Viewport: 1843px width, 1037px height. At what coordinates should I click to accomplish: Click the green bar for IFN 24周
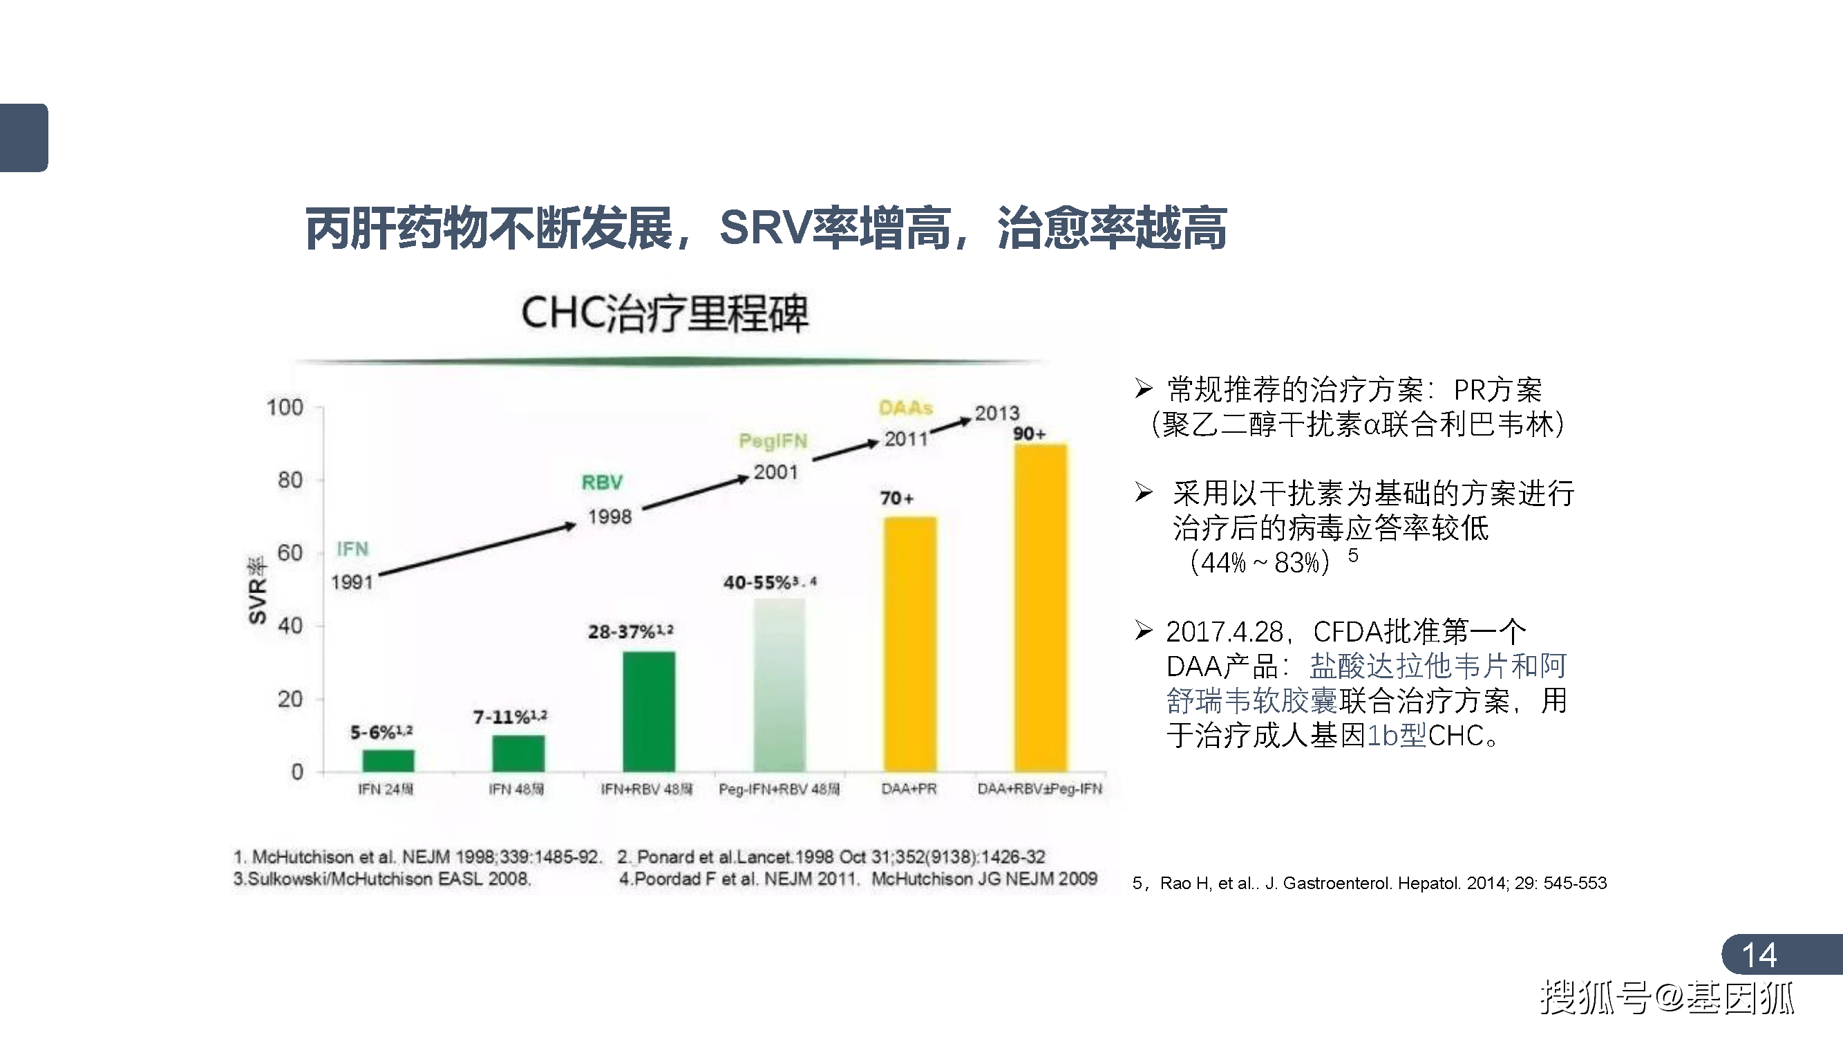coord(388,760)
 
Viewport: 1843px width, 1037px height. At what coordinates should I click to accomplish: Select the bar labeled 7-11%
coord(518,753)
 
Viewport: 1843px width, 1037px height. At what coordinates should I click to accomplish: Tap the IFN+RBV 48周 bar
coord(648,711)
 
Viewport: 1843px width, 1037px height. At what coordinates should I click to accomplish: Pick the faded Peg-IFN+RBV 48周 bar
coord(779,685)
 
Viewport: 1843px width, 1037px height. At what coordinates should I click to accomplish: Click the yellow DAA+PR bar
coord(909,644)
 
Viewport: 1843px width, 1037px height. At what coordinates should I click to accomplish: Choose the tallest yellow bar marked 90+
coord(1040,608)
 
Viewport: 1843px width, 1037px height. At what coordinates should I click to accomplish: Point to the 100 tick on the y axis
coord(285,408)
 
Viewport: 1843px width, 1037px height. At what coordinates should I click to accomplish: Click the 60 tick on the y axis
coord(290,553)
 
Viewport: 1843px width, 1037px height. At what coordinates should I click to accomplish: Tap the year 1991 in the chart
coord(352,582)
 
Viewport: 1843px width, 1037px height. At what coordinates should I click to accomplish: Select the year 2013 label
coord(996,413)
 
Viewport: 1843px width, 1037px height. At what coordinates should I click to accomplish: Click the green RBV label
coord(602,483)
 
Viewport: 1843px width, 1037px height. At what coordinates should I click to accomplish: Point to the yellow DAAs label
coord(905,408)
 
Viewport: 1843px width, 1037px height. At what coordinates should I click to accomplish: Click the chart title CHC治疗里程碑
coord(665,313)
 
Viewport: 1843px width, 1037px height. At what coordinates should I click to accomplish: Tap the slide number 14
coord(1759,955)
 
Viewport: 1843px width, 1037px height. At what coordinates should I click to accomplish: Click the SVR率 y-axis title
coord(257,590)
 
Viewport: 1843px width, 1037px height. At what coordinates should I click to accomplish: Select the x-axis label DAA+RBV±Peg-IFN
coord(1039,789)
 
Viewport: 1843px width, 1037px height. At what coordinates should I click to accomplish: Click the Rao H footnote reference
coord(1370,883)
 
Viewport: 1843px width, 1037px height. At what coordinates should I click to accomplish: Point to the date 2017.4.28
coord(1224,632)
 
